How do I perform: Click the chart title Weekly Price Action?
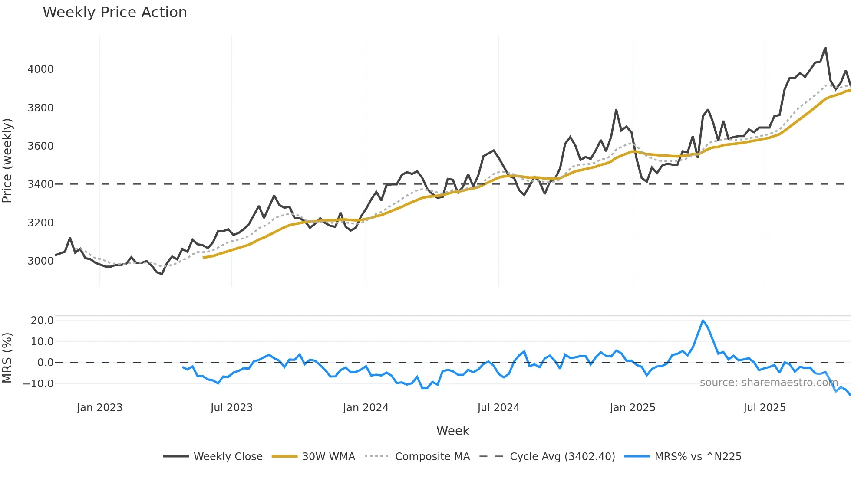coord(115,13)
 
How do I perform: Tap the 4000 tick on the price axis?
coord(40,69)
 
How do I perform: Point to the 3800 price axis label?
coord(40,108)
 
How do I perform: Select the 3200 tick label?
coord(40,223)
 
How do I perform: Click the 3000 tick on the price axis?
coord(40,261)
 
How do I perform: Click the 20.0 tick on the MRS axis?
coord(42,321)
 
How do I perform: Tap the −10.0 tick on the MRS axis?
coord(38,384)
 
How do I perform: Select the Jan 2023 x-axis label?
coord(99,408)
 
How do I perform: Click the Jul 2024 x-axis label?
coord(498,408)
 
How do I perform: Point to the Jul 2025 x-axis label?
coord(764,408)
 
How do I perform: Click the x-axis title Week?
coord(452,431)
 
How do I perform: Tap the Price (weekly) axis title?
coord(7,160)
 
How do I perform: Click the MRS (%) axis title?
coord(7,358)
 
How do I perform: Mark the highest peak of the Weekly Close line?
coord(825,48)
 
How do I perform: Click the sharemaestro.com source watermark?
coord(769,383)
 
